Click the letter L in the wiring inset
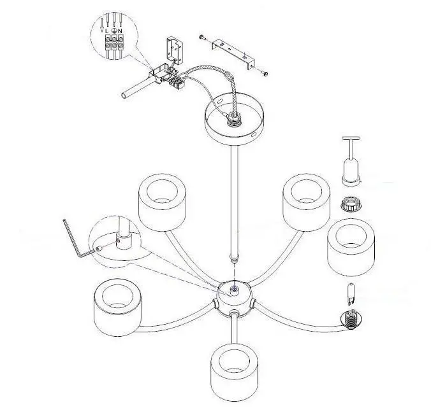(108, 31)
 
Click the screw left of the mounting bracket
(202, 38)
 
